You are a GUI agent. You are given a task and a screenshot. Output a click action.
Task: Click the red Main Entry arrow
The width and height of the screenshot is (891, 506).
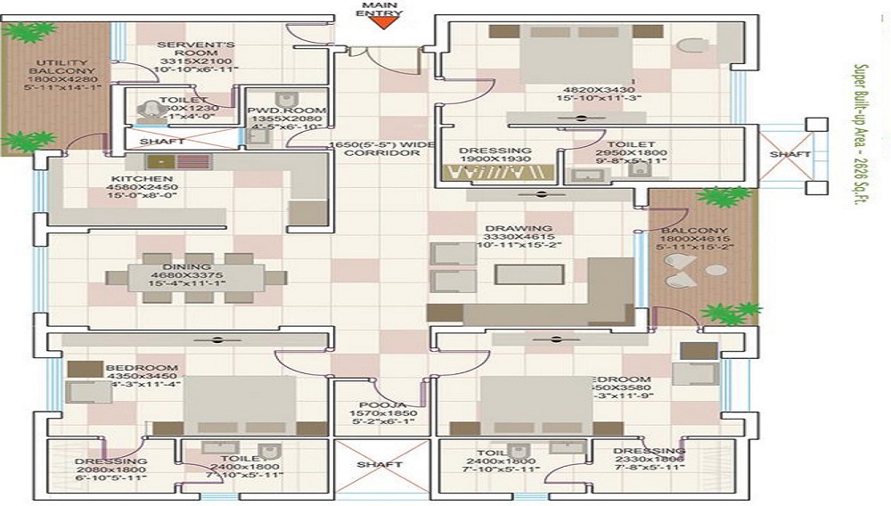(381, 24)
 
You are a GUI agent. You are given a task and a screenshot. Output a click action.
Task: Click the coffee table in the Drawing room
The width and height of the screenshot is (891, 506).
(529, 273)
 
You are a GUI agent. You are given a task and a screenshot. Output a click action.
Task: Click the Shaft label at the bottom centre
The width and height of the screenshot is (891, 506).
(380, 464)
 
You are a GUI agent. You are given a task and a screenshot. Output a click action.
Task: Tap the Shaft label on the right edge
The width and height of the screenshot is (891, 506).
(789, 154)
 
